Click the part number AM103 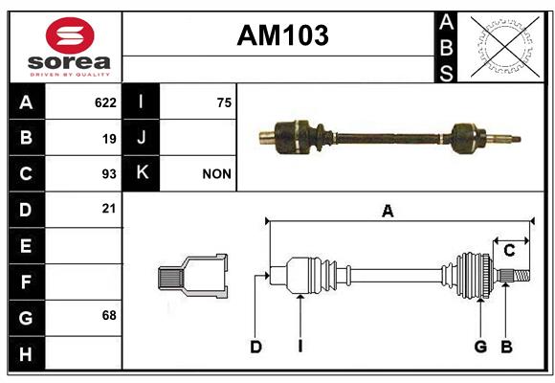click(x=283, y=35)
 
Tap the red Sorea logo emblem click(x=70, y=35)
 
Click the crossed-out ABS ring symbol click(x=505, y=47)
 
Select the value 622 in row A click(x=105, y=102)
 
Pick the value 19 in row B click(x=109, y=139)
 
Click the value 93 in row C click(x=109, y=174)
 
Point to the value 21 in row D click(x=109, y=209)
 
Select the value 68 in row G click(x=109, y=315)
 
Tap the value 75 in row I click(x=225, y=102)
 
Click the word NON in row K click(x=216, y=174)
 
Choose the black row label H click(x=26, y=353)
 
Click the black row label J click(x=141, y=137)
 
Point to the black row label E click(x=26, y=245)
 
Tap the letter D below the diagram click(x=255, y=347)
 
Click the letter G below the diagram click(x=480, y=347)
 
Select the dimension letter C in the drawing click(x=509, y=251)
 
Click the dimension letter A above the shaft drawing click(x=388, y=212)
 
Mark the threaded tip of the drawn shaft click(x=522, y=276)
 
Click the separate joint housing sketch click(x=192, y=276)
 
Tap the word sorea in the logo click(x=69, y=62)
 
